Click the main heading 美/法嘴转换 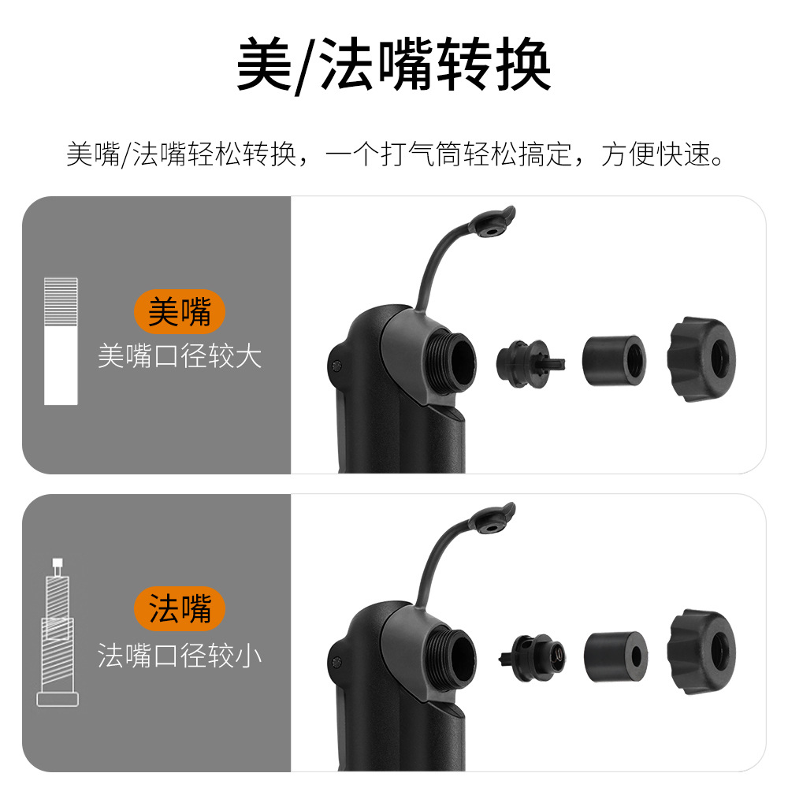[x=394, y=65]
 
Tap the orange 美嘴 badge [x=180, y=311]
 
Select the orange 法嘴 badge [x=180, y=608]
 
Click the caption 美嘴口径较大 [x=180, y=356]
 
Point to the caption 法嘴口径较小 [x=180, y=656]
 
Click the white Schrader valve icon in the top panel [x=61, y=341]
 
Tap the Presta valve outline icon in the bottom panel [x=58, y=632]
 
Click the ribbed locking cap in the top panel [x=701, y=359]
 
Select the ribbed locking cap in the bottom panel [x=701, y=652]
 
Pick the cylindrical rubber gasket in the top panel [x=614, y=361]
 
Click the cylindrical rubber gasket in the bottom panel [x=615, y=657]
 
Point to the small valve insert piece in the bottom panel [x=533, y=657]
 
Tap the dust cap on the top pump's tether [x=492, y=223]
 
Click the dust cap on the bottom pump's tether [x=492, y=519]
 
